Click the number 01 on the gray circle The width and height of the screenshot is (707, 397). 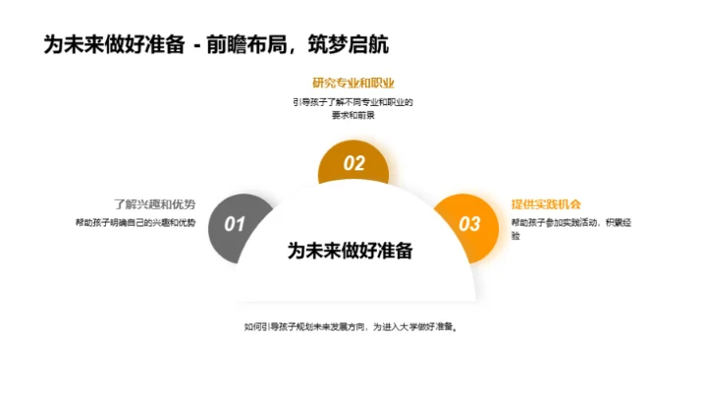(x=235, y=224)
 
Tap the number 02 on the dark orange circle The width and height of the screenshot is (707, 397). (x=353, y=165)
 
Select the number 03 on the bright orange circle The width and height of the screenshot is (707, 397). (x=470, y=224)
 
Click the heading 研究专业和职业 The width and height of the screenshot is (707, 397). (x=353, y=83)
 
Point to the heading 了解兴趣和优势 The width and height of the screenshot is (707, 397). (x=154, y=204)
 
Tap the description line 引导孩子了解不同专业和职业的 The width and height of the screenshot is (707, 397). (x=353, y=101)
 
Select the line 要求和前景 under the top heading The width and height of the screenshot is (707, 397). (x=353, y=115)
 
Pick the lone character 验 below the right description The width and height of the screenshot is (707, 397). (x=517, y=237)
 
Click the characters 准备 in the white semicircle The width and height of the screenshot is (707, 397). (x=395, y=250)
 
